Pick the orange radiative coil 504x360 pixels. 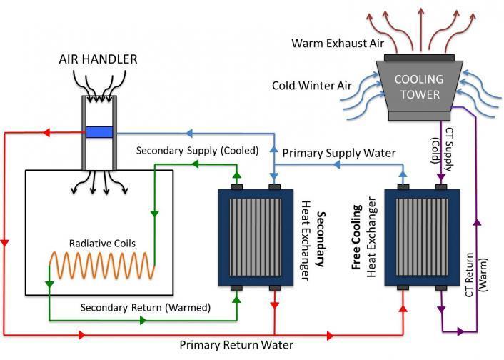pyautogui.click(x=100, y=269)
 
